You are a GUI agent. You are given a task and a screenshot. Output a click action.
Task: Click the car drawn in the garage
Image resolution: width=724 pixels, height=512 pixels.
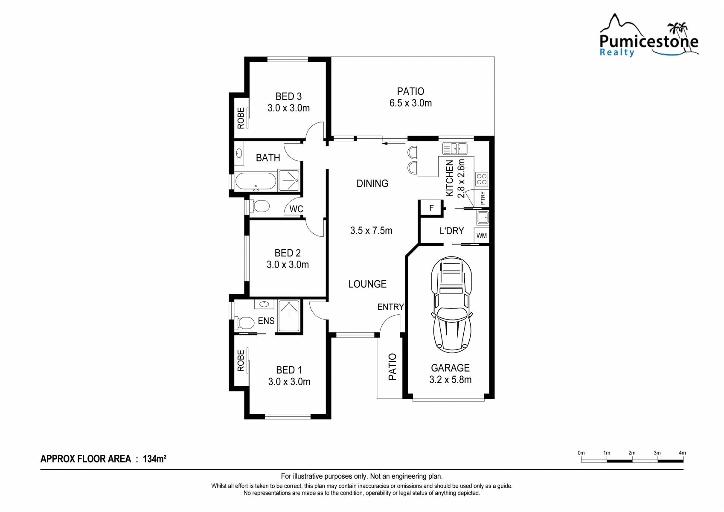tap(451, 305)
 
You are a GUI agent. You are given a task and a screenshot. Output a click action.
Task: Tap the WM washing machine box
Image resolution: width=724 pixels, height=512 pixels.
tap(482, 236)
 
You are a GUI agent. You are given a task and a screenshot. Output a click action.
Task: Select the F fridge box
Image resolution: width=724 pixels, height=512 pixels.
tap(431, 208)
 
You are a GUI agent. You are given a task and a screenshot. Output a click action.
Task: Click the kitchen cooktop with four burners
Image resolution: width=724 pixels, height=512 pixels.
tap(482, 179)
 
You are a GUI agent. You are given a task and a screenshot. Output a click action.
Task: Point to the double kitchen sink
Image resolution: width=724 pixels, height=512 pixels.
tap(455, 148)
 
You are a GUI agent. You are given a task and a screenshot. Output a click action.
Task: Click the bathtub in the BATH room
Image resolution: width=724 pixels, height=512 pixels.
tap(256, 181)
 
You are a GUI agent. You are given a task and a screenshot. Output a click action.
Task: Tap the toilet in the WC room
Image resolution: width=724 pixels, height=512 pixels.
tap(259, 206)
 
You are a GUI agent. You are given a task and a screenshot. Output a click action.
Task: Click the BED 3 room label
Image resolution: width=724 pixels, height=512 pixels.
tap(289, 96)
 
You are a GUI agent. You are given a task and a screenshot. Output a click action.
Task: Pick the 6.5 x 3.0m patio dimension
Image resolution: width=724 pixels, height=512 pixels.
tap(410, 103)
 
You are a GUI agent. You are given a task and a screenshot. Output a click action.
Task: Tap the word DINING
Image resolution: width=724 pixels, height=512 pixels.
tap(372, 183)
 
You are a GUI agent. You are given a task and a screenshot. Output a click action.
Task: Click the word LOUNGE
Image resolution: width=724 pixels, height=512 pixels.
tap(367, 284)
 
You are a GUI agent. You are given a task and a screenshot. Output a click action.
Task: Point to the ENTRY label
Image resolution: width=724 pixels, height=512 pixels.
tap(391, 307)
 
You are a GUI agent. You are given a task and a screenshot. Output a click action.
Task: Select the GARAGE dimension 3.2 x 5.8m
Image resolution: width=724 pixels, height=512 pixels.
tap(450, 379)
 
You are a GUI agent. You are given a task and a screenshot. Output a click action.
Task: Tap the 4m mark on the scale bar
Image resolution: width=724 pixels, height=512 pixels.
tap(682, 453)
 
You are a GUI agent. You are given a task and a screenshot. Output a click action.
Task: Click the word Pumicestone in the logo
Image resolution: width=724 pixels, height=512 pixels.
tap(648, 41)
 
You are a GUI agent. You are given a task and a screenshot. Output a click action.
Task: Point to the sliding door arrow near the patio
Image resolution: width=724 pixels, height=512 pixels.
tap(394, 143)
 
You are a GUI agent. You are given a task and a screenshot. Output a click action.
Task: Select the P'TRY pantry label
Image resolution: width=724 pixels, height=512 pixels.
tap(483, 198)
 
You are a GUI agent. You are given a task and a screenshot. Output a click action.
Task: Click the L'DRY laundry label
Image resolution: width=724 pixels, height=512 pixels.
tap(451, 231)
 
